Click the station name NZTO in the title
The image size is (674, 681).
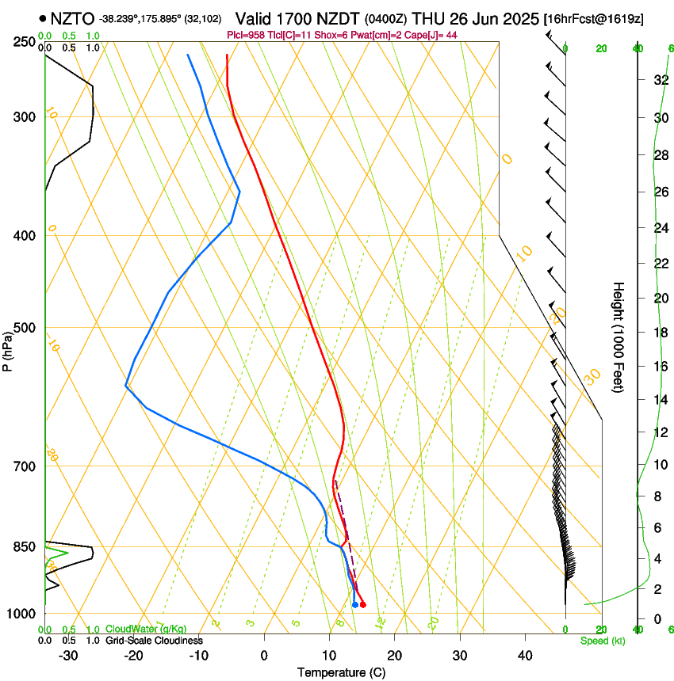pyautogui.click(x=72, y=17)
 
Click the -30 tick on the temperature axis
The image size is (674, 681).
pyautogui.click(x=68, y=656)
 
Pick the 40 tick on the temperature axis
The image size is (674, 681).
pyautogui.click(x=524, y=656)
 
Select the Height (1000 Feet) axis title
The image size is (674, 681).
pyautogui.click(x=618, y=337)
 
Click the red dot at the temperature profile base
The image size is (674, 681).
pyautogui.click(x=362, y=605)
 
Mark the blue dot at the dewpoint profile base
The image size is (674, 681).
pyautogui.click(x=354, y=605)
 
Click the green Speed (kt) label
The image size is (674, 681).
pyautogui.click(x=602, y=641)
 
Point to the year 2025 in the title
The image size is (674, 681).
pyautogui.click(x=516, y=17)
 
